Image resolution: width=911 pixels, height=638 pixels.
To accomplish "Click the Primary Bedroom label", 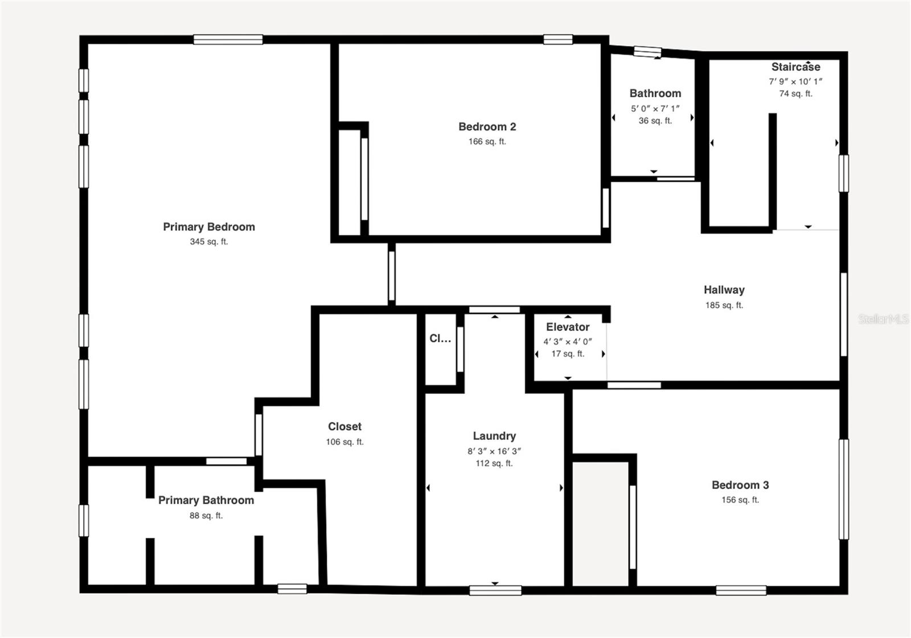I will pos(209,227).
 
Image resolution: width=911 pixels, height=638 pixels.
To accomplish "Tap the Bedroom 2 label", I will pos(487,126).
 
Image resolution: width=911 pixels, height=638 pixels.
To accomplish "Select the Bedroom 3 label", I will pos(740,485).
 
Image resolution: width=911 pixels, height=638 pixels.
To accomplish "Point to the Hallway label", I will pos(724,289).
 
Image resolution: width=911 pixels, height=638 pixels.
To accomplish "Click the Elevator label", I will pos(568,327).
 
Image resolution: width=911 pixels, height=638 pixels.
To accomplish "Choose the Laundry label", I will pos(494,436).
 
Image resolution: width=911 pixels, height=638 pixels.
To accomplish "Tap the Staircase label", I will pos(795,67).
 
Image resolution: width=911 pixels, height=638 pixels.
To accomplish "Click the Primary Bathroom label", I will pos(206,500).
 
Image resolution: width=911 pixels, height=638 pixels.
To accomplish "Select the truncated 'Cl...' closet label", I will pos(440,338).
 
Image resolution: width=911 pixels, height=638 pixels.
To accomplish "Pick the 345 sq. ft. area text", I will pos(209,242).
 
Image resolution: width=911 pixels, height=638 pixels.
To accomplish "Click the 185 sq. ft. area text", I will pos(724,305).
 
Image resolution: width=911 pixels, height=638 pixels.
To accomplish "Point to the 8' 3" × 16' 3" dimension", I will pos(494,451).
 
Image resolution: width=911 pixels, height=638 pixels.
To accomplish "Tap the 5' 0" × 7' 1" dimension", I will pos(655,108).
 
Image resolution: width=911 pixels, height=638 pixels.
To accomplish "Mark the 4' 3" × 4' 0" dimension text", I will pos(568,342).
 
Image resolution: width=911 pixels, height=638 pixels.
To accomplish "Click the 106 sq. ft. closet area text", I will pos(344,441).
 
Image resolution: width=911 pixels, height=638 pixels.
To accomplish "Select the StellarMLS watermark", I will pos(883,319).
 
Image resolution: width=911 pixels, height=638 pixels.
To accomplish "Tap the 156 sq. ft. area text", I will pos(740,500).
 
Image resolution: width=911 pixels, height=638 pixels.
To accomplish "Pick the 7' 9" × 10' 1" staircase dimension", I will pos(795,81).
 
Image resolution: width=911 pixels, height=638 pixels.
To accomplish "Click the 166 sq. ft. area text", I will pos(487,141).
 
